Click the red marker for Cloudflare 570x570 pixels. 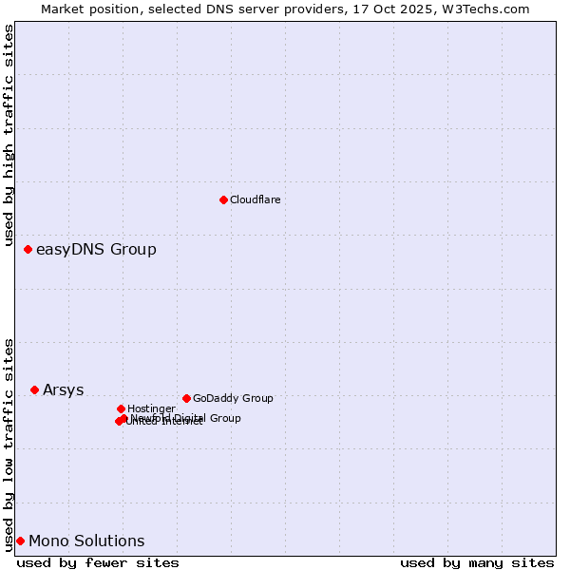click(223, 199)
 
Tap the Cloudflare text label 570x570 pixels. click(255, 199)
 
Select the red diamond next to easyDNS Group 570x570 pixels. click(28, 249)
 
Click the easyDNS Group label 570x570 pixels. click(96, 250)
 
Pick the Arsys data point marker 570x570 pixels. click(34, 389)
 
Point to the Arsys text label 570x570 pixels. click(63, 390)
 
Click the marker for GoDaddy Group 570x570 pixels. click(186, 398)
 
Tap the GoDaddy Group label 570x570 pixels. click(233, 399)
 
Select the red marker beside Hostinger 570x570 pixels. click(121, 408)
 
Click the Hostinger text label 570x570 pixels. click(151, 409)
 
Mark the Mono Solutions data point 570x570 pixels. click(20, 541)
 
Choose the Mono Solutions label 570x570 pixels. click(86, 541)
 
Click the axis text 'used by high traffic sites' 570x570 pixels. click(9, 136)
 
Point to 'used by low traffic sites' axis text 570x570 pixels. click(9, 444)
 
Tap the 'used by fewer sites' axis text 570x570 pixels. click(98, 562)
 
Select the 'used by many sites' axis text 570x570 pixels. click(477, 562)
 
